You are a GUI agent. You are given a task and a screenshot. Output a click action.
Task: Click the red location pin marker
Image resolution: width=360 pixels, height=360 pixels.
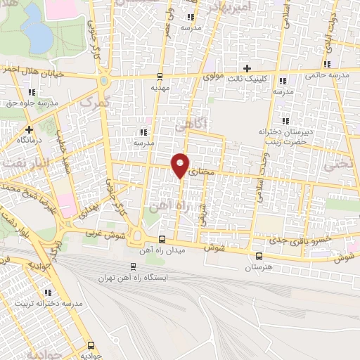pos(181,165)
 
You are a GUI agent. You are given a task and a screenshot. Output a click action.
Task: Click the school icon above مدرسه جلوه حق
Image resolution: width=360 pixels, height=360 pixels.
pos(32,92)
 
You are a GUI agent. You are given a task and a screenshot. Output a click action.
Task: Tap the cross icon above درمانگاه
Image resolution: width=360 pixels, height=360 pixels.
pos(29,129)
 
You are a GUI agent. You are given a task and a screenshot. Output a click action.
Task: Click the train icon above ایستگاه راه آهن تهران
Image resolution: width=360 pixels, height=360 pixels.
pos(134,266)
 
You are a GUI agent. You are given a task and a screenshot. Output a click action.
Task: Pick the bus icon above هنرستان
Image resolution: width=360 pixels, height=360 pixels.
pos(259,256)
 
